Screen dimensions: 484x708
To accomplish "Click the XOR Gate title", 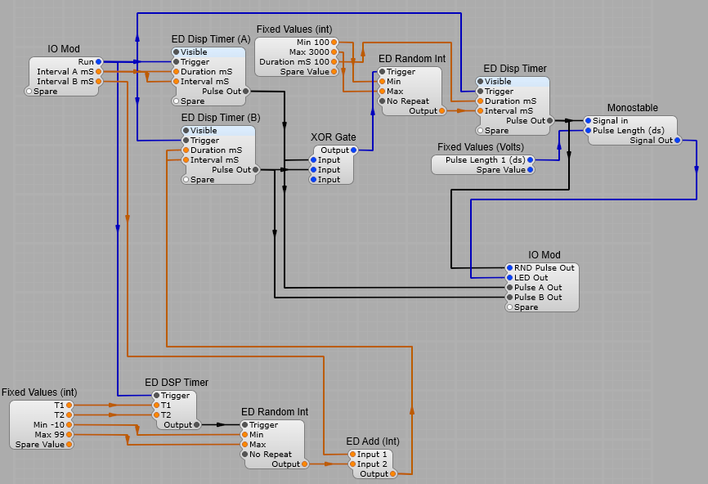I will pos(333,137).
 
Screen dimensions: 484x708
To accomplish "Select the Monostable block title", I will pos(632,108).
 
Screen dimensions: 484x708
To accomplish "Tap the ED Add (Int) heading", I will pos(373,441).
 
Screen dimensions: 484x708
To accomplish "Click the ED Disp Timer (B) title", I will pos(221,118).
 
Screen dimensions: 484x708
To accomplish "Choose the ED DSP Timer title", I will pos(177,383).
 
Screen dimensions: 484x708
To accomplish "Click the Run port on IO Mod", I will pos(98,62).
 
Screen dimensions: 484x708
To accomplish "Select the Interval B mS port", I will pos(98,82).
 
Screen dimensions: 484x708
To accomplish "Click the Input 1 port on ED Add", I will pos(352,455).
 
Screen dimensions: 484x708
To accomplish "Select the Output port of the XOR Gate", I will pos(353,150).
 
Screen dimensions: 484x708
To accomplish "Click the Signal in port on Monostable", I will pos(588,121).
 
